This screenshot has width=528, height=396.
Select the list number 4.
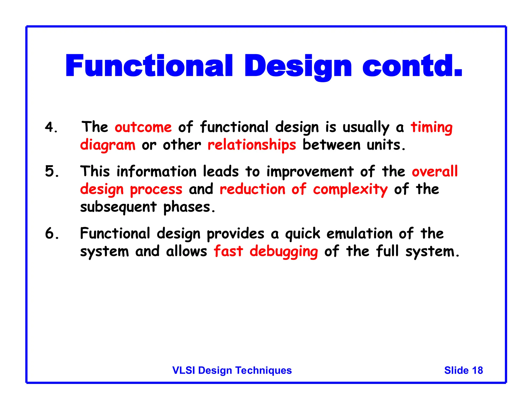point(51,127)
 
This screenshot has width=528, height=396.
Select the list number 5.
point(51,171)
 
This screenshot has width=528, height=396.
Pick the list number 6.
point(51,234)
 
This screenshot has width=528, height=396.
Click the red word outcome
point(143,127)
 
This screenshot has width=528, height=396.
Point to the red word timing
point(431,127)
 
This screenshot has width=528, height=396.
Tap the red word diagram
point(108,145)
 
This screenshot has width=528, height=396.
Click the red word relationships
point(252,145)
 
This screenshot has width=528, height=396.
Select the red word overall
point(435,171)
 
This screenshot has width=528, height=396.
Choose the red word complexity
point(350,189)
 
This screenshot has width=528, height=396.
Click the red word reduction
point(252,189)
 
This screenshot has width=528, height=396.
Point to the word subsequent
point(118,207)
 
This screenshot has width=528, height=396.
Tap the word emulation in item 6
point(359,234)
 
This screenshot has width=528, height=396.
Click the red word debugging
point(284,251)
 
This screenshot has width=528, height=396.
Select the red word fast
point(228,251)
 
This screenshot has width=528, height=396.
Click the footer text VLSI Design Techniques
point(232,370)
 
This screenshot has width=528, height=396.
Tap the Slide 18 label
point(463,370)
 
